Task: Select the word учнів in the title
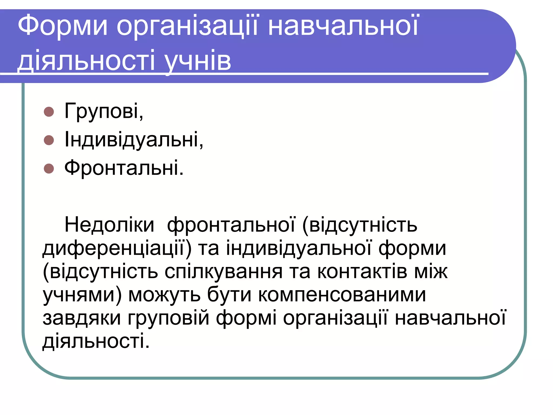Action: point(198,61)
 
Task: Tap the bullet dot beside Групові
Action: point(49,112)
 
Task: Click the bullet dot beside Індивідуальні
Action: point(49,140)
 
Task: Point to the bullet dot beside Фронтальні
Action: point(49,169)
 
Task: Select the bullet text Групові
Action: point(104,111)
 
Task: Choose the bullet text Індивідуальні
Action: point(134,140)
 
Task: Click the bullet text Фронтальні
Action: point(124,168)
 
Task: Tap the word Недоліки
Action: point(109,225)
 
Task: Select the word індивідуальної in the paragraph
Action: point(299,248)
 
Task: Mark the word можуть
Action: point(164,294)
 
